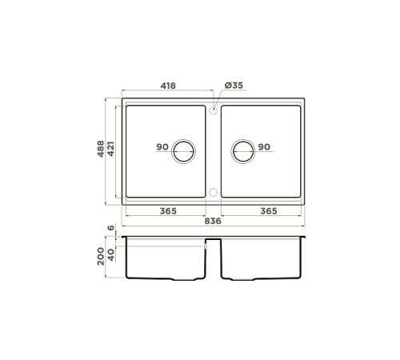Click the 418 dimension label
pyautogui.click(x=168, y=86)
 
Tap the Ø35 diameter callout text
pyautogui.click(x=234, y=86)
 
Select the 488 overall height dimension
pyautogui.click(x=101, y=149)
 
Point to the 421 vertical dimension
pyautogui.click(x=110, y=149)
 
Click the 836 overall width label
pyautogui.click(x=213, y=221)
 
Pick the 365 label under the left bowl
pyautogui.click(x=168, y=211)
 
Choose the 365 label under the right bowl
pyautogui.click(x=269, y=211)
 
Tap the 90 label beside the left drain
pyautogui.click(x=162, y=146)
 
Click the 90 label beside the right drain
pyautogui.click(x=264, y=146)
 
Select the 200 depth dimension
pyautogui.click(x=101, y=256)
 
